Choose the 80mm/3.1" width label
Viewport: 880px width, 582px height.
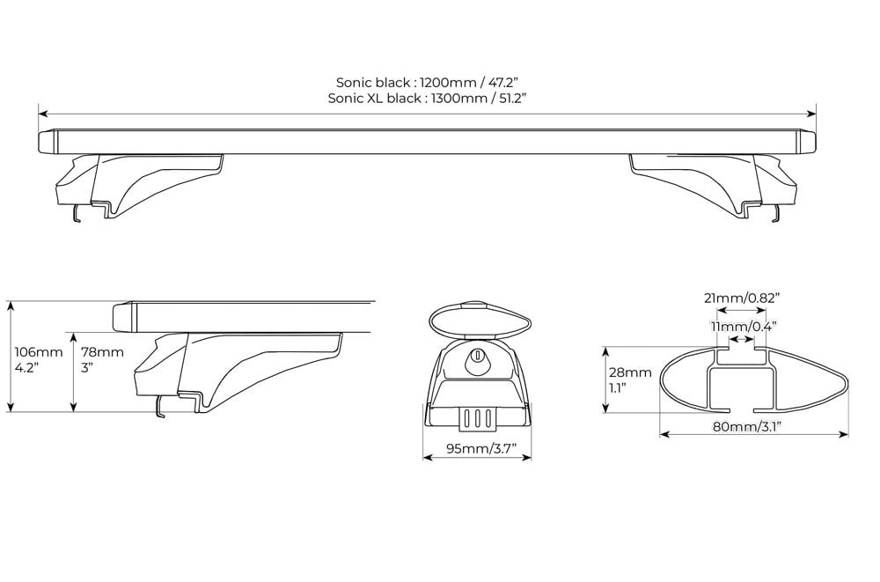point(747,426)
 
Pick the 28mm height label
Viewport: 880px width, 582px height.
point(630,372)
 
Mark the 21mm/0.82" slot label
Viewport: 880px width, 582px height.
point(743,298)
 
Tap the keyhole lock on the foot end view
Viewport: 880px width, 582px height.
point(477,355)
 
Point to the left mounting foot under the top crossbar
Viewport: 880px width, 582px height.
point(140,186)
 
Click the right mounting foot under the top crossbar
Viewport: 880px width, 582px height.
point(713,186)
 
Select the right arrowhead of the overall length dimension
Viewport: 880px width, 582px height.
point(811,114)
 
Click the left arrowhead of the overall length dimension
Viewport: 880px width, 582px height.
point(43,114)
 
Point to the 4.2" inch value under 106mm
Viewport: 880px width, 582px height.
point(24,368)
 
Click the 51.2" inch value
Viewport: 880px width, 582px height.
point(514,99)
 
